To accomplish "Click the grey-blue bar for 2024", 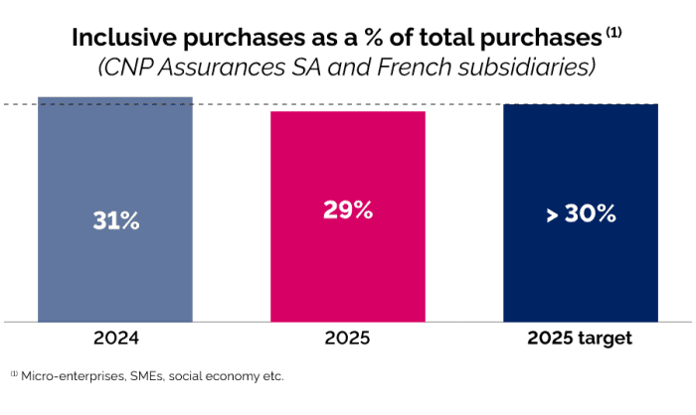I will pyautogui.click(x=114, y=169).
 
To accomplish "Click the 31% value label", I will pyautogui.click(x=114, y=220).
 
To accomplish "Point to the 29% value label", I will pyautogui.click(x=347, y=209).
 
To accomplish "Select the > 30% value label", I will pyautogui.click(x=581, y=213).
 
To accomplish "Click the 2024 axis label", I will pyautogui.click(x=114, y=338).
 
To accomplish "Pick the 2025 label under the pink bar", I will pyautogui.click(x=347, y=338).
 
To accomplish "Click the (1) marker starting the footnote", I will pyautogui.click(x=15, y=375).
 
